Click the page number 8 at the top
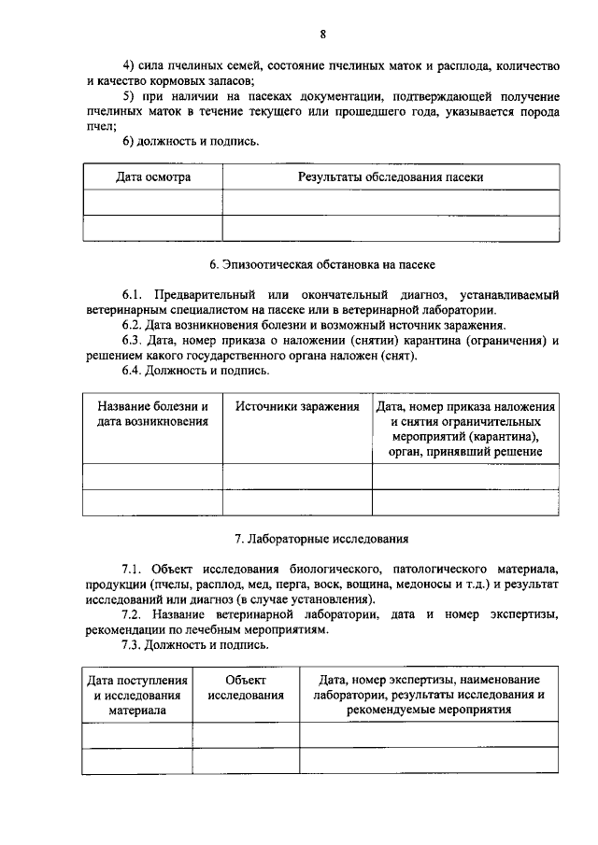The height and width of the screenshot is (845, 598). point(322,35)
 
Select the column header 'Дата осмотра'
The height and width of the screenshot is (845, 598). point(153,176)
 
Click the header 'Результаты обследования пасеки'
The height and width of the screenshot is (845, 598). point(391,176)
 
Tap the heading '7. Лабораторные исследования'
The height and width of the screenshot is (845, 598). point(321,539)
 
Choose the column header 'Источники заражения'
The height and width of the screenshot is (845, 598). point(297,407)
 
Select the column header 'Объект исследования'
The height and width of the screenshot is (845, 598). point(246,687)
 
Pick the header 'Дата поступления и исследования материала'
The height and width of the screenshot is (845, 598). point(137,695)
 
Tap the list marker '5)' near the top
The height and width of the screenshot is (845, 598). point(130,97)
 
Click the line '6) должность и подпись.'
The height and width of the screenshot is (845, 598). point(191,142)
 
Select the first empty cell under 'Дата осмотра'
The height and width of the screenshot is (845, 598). point(153,203)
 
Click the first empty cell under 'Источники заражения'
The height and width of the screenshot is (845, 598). point(297,476)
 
